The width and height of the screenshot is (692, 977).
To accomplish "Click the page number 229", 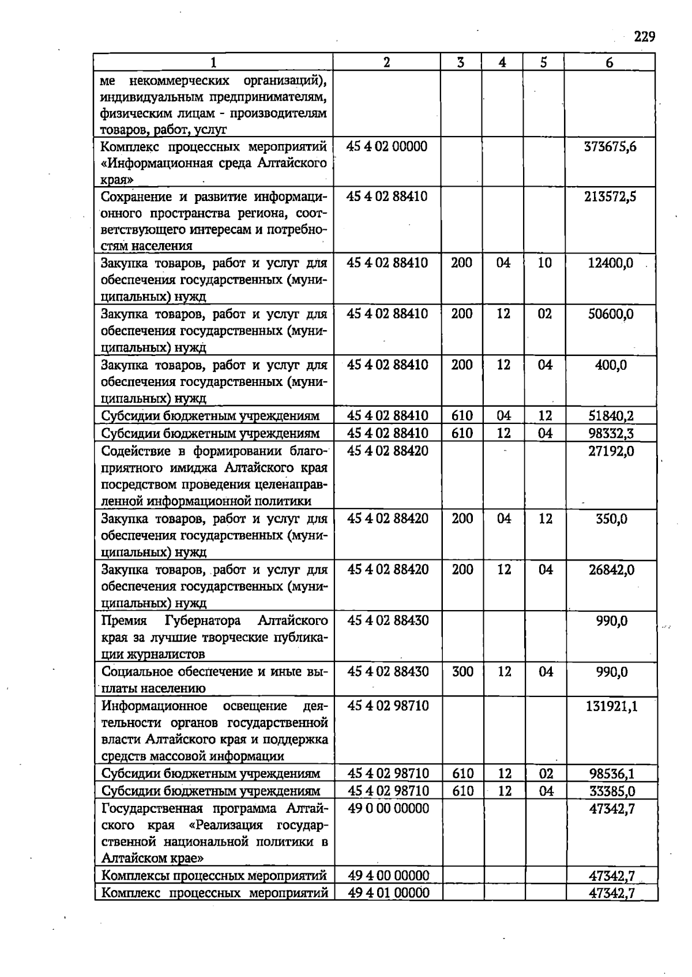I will point(644,37).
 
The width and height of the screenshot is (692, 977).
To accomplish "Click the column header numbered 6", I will point(610,63).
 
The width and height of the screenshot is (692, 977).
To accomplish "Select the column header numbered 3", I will point(461,63).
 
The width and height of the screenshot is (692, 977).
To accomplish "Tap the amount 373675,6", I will point(610,146).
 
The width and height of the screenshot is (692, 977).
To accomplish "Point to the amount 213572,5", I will point(610,197).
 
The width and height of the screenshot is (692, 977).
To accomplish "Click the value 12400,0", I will point(610,263).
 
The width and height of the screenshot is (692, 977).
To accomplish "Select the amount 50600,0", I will point(610,315).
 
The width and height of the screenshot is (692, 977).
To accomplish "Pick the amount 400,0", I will point(611,365).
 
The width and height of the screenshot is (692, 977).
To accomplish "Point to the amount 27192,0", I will point(611,451).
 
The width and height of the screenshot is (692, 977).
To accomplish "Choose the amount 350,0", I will point(611,519).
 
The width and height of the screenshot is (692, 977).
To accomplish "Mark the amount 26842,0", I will point(611,570).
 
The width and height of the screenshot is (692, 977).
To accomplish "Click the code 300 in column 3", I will point(462,672).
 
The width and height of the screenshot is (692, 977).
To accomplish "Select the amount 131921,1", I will point(611,706).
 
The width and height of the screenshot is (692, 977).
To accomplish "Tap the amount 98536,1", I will point(612,774).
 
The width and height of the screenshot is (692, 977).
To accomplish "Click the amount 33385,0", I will point(612,791).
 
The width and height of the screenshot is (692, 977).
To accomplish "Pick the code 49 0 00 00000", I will point(389,809).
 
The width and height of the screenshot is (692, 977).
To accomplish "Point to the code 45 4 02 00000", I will point(387,146).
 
